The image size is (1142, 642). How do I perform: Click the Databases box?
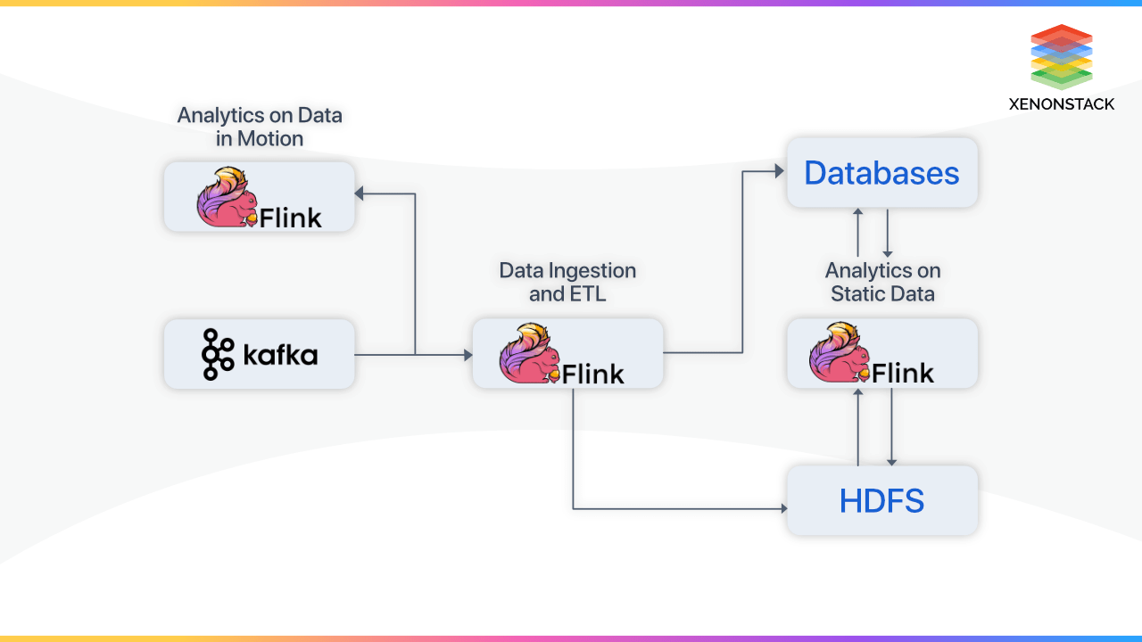(x=881, y=173)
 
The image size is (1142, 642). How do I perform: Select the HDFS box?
(x=881, y=501)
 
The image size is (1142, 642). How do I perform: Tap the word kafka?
(x=280, y=356)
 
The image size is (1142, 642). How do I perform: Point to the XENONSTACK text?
(x=1061, y=104)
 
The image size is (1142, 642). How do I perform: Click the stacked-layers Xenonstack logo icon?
(x=1061, y=56)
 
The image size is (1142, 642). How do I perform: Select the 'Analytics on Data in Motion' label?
(x=260, y=127)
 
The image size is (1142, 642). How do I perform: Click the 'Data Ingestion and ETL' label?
(x=567, y=282)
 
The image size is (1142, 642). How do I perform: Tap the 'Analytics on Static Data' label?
(x=882, y=282)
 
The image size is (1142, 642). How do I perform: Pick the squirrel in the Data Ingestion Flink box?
(x=529, y=354)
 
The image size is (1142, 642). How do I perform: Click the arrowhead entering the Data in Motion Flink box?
(x=359, y=193)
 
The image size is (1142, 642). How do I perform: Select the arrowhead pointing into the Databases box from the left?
(x=779, y=171)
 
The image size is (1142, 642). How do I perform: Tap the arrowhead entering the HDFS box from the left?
(x=783, y=508)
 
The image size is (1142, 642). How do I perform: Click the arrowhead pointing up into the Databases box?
(x=857, y=212)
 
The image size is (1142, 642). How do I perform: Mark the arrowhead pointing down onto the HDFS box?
(x=891, y=460)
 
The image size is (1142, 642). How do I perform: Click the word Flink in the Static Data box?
(x=902, y=373)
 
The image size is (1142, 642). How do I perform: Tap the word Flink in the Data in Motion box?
(x=290, y=217)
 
